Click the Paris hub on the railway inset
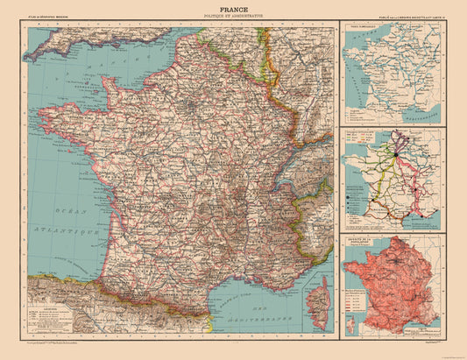point(395,154)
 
